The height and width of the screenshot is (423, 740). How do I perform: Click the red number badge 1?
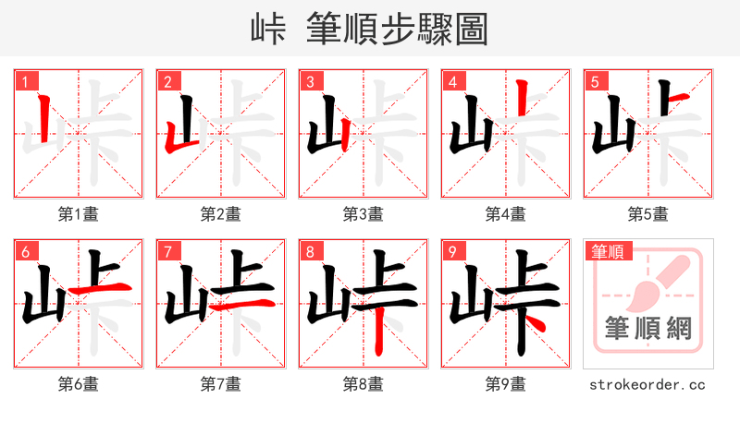point(24,82)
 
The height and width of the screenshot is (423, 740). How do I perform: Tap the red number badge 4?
point(452,82)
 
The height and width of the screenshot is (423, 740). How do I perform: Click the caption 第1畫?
point(78,214)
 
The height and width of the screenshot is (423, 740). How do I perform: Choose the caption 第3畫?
point(363,214)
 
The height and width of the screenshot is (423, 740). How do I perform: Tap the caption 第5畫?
point(647,214)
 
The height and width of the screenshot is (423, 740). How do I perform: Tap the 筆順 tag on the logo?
point(607,251)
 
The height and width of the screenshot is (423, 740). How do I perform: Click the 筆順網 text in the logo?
point(647,328)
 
